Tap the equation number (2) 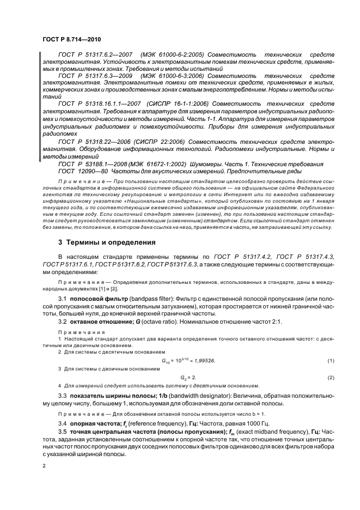330,377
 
